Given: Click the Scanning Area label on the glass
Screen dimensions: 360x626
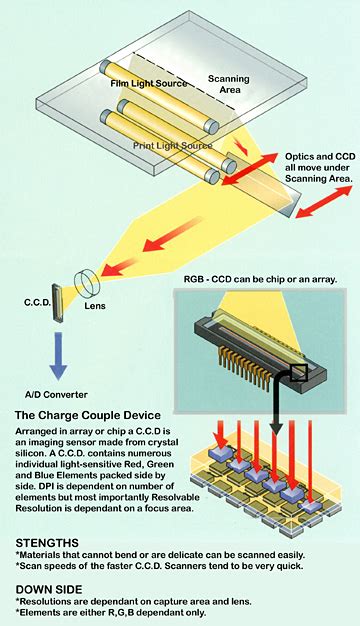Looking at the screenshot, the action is coord(229,86).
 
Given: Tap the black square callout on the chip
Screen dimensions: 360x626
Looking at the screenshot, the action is coord(297,373).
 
